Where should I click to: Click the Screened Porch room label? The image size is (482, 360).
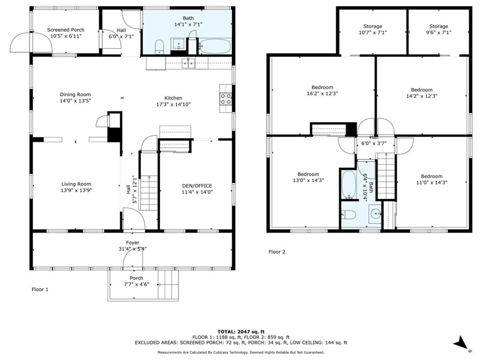[66, 30]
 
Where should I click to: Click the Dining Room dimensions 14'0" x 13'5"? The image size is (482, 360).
[75, 101]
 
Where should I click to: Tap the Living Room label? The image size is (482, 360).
[76, 184]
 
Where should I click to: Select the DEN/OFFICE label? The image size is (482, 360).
[197, 186]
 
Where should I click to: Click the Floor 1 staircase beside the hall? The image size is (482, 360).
[149, 192]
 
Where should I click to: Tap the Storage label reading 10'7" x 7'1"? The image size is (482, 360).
[373, 33]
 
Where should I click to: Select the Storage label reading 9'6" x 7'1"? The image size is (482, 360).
[438, 33]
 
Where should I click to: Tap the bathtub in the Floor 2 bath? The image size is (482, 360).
[346, 185]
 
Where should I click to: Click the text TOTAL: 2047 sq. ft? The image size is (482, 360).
[241, 331]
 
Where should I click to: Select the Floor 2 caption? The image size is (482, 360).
[277, 252]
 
